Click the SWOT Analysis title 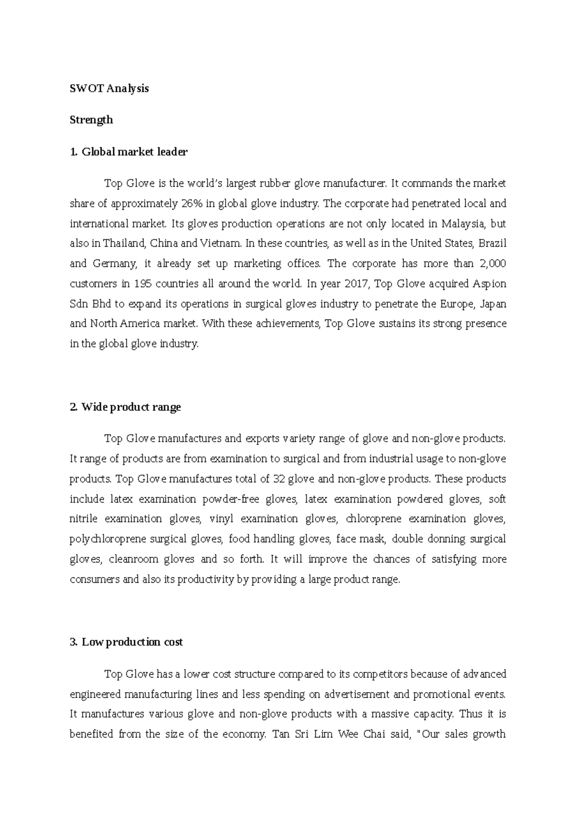(x=109, y=88)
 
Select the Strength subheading (x=91, y=120)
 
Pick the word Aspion (x=489, y=284)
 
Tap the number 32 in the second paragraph (x=279, y=479)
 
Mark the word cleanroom (x=132, y=559)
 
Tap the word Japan (x=493, y=304)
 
